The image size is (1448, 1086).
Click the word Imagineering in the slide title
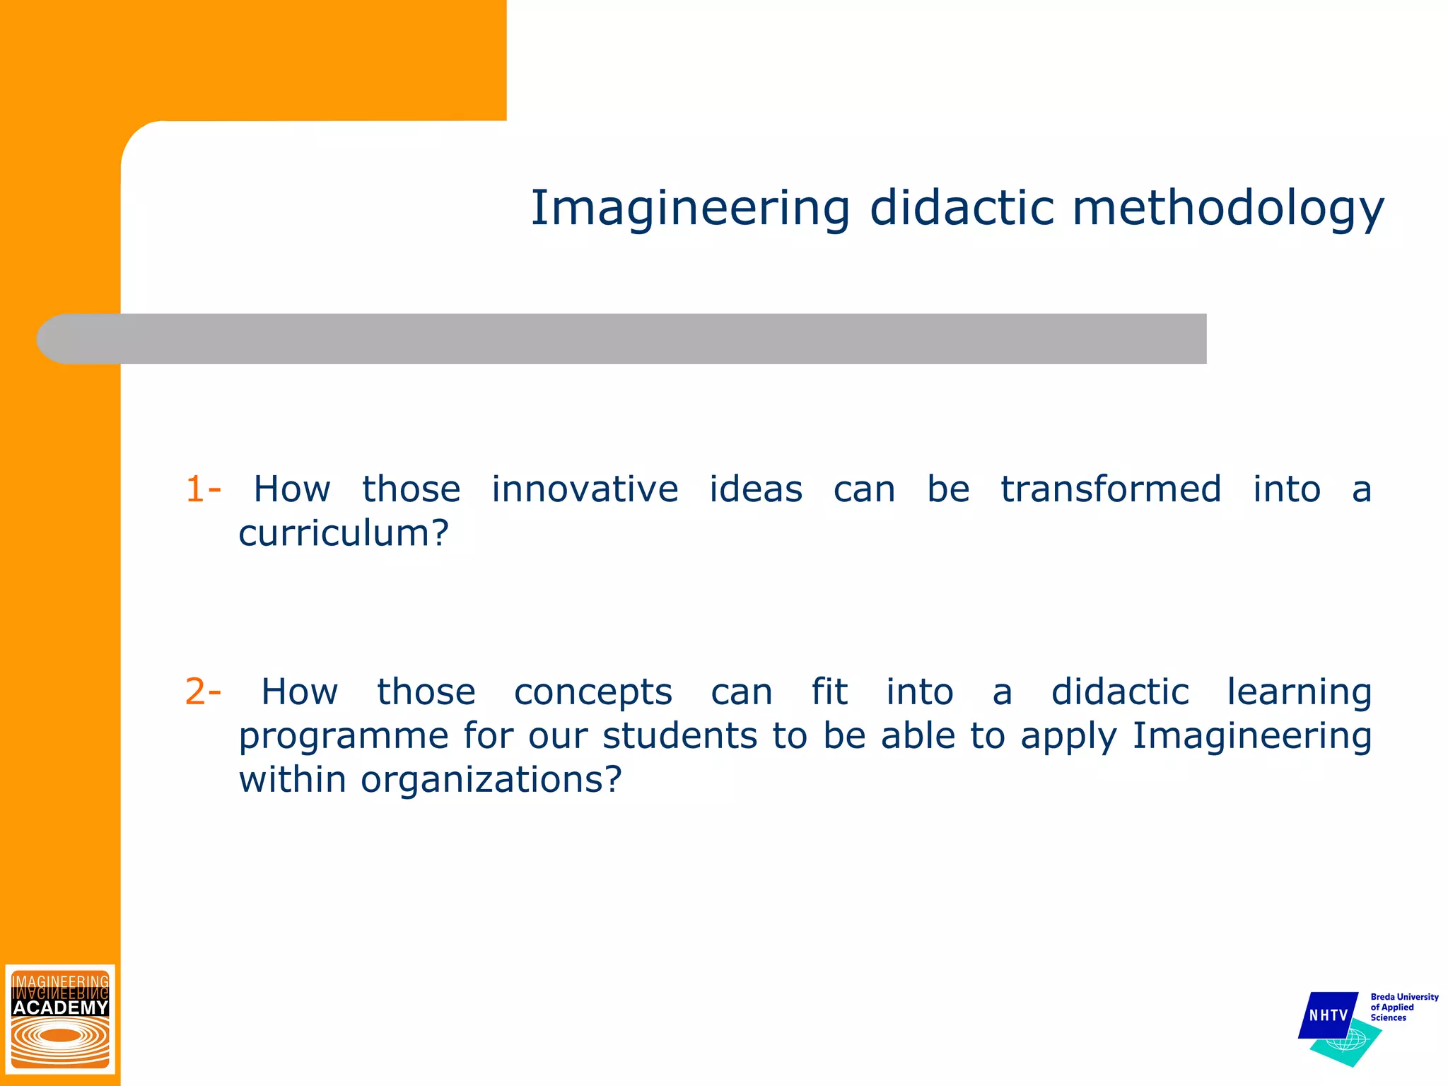pos(689,209)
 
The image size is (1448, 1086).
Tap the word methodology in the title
pos(1227,209)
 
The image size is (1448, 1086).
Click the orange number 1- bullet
pos(203,489)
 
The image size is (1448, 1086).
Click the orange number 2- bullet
pos(203,691)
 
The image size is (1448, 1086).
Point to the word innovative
pos(585,489)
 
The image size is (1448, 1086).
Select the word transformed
pos(1111,489)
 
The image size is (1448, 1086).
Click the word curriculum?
pos(344,533)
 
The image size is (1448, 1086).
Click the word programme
pos(344,737)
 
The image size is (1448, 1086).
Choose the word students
pos(679,735)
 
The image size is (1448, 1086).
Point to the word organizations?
pos(491,779)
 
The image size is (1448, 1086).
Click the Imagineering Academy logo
pos(60,1018)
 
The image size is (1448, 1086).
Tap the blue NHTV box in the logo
pos(1328,1015)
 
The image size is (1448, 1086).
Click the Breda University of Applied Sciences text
pos(1403,1007)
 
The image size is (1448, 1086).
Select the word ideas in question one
pos(755,489)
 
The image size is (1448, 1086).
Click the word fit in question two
pos(829,691)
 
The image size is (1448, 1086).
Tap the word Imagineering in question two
pos(1251,737)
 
